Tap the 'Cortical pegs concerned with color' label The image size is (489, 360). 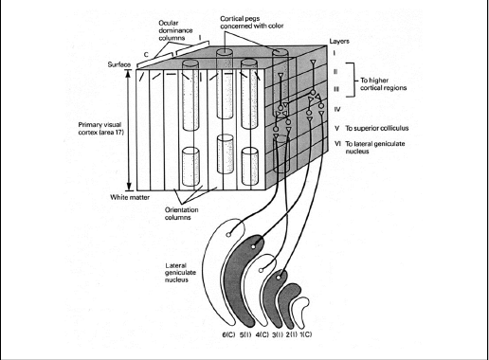(x=252, y=22)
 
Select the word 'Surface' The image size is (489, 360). (x=119, y=64)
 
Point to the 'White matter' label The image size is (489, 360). (x=130, y=197)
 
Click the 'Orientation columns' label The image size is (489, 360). (x=181, y=213)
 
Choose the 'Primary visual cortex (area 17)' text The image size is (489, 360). (x=100, y=129)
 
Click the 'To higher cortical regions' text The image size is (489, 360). (x=383, y=84)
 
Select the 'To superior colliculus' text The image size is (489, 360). (x=377, y=128)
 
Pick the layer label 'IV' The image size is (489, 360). (x=337, y=110)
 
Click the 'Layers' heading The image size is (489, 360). (x=339, y=42)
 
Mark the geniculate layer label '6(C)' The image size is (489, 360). (x=228, y=334)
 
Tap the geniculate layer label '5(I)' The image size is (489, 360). (x=245, y=334)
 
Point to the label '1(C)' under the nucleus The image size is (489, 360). (x=305, y=334)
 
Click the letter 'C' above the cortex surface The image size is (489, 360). (x=146, y=55)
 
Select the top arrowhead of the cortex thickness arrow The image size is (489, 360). (x=129, y=70)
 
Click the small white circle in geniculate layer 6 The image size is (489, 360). (x=228, y=235)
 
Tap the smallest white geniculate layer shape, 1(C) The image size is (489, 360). (x=300, y=310)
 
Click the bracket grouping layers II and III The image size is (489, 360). (x=350, y=80)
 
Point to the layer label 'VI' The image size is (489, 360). (x=337, y=144)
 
